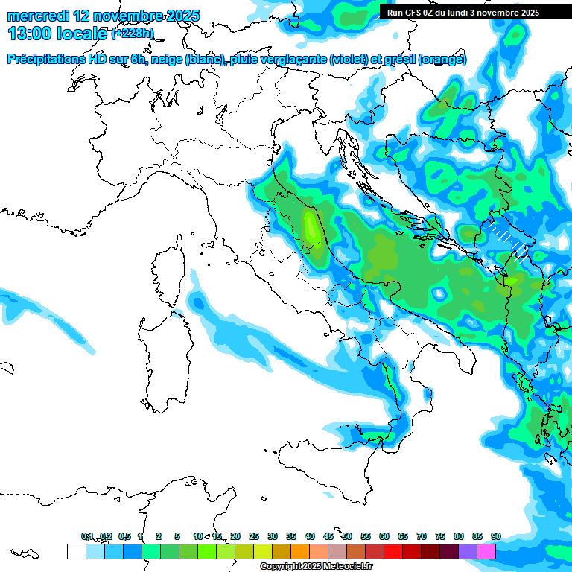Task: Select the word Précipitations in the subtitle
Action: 45,60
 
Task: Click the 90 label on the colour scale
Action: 495,536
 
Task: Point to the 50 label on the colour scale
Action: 347,536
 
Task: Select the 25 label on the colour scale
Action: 254,536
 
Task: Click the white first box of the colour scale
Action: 76,551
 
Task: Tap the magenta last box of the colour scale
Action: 486,551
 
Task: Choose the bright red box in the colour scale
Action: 393,551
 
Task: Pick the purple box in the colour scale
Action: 468,551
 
